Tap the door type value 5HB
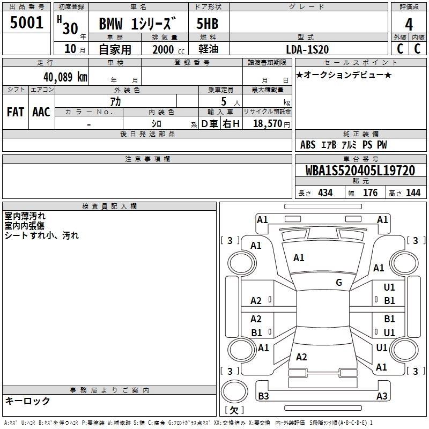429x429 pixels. pyautogui.click(x=208, y=25)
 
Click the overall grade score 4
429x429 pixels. pyautogui.click(x=409, y=24)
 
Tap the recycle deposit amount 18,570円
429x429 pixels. pyautogui.click(x=271, y=124)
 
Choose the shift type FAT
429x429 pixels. pyautogui.click(x=16, y=112)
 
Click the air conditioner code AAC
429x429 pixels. pyautogui.click(x=41, y=112)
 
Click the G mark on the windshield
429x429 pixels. pyautogui.click(x=339, y=283)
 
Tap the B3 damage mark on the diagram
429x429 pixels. pyautogui.click(x=263, y=396)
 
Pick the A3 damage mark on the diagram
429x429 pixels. pyautogui.click(x=382, y=396)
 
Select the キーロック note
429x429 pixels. pyautogui.click(x=27, y=401)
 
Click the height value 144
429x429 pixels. pyautogui.click(x=413, y=193)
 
